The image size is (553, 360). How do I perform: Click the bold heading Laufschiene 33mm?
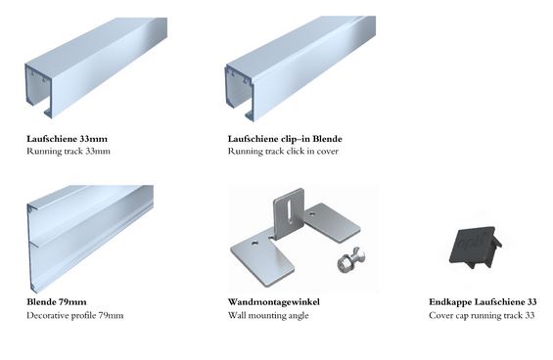pyautogui.click(x=67, y=139)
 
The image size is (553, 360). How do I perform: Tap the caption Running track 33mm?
pyautogui.click(x=69, y=152)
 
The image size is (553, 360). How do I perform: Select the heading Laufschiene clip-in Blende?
pyautogui.click(x=285, y=139)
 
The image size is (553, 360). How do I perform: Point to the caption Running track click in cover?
pyautogui.click(x=283, y=152)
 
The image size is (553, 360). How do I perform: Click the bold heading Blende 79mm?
pyautogui.click(x=57, y=302)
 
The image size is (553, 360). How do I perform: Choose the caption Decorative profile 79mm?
pyautogui.click(x=75, y=315)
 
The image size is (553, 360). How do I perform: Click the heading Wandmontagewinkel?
pyautogui.click(x=274, y=302)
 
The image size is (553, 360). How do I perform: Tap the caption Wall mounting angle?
pyautogui.click(x=268, y=315)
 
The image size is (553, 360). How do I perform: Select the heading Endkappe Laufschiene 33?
pyautogui.click(x=483, y=302)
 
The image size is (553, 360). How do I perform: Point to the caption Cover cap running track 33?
pyautogui.click(x=482, y=315)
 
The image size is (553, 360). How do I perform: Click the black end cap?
pyautogui.click(x=476, y=247)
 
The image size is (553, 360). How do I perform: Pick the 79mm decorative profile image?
pyautogui.click(x=90, y=239)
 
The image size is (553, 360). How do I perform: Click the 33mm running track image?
pyautogui.click(x=96, y=67)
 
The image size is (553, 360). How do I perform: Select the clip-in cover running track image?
pyautogui.click(x=300, y=68)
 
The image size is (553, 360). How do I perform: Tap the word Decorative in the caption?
pyautogui.click(x=48, y=315)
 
